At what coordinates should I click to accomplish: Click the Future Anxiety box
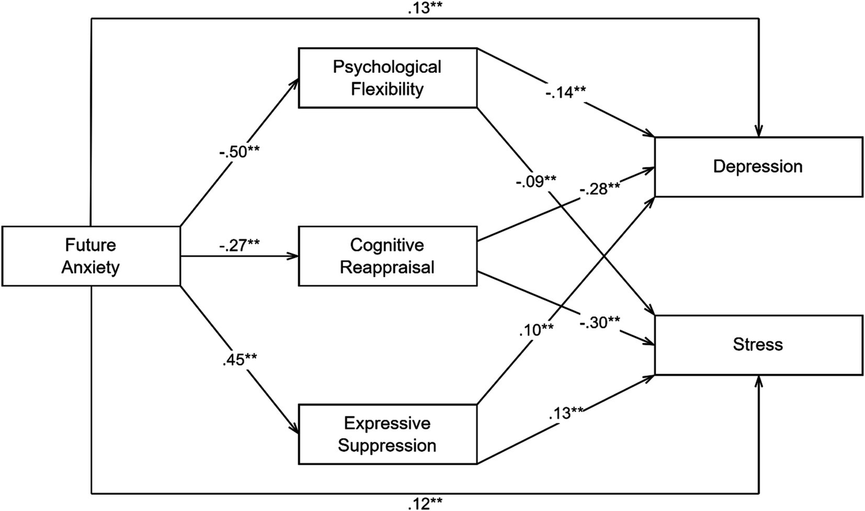coord(91,256)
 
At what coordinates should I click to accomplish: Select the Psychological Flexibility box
coord(387,78)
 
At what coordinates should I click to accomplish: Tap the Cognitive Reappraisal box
coord(387,256)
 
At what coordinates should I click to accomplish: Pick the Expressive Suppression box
coord(387,434)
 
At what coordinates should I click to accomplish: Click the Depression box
coord(758,167)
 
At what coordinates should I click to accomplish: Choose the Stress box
coord(758,345)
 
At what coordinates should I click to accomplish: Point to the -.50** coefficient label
coord(239,152)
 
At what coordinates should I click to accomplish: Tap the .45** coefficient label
coord(239,359)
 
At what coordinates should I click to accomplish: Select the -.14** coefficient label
coord(565,92)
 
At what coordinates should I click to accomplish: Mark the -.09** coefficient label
coord(535,182)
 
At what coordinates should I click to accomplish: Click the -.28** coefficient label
coord(600,189)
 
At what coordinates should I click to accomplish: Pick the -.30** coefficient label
coord(600,323)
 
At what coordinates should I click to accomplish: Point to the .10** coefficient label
coord(536,329)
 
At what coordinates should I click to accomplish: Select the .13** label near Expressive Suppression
coord(566,413)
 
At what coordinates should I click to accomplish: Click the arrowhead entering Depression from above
coord(758,132)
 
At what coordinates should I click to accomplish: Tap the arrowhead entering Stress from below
coord(758,381)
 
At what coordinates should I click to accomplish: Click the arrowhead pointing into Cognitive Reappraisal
coord(294,256)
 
